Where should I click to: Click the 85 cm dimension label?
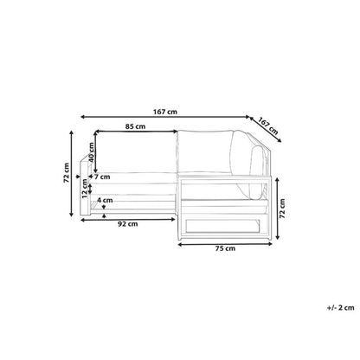135,126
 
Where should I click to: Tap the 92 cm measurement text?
128,224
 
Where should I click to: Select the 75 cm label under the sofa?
225,248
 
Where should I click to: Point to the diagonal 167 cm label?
268,126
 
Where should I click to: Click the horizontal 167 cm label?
165,112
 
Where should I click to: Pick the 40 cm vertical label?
92,152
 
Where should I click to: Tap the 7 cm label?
102,177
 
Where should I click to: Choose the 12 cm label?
85,189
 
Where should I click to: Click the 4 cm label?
105,200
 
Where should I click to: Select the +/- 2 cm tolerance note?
340,308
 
